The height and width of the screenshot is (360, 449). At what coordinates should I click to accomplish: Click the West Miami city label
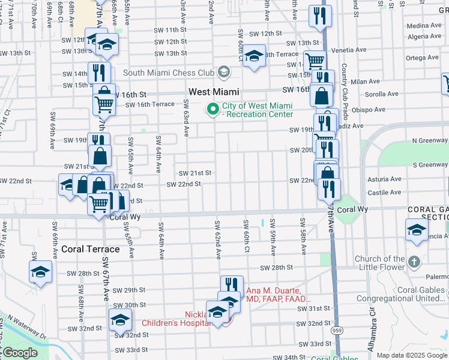[214, 92]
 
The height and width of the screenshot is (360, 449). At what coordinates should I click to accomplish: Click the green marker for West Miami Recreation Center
[212, 109]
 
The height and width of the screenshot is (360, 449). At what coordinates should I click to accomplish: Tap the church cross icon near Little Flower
[414, 262]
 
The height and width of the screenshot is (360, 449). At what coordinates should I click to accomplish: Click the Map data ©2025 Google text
[411, 355]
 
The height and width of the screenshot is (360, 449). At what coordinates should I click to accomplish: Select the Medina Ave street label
[424, 26]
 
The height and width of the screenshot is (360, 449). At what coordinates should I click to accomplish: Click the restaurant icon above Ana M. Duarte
[231, 285]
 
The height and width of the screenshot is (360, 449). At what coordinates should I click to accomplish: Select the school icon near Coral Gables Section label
[417, 230]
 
